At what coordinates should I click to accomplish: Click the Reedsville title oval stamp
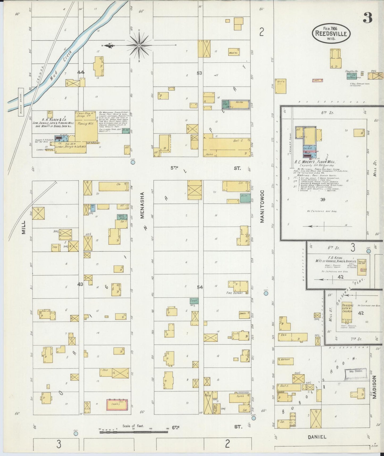pos(331,34)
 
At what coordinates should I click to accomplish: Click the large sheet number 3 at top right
pos(368,18)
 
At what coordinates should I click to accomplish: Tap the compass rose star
pos(139,46)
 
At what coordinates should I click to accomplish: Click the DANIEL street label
pos(317,437)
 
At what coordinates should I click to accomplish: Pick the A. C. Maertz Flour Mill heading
pos(315,161)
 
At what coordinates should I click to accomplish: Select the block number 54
pos(200,287)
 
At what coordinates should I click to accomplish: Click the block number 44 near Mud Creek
pos(81,72)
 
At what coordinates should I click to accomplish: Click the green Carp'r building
pos(195,301)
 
